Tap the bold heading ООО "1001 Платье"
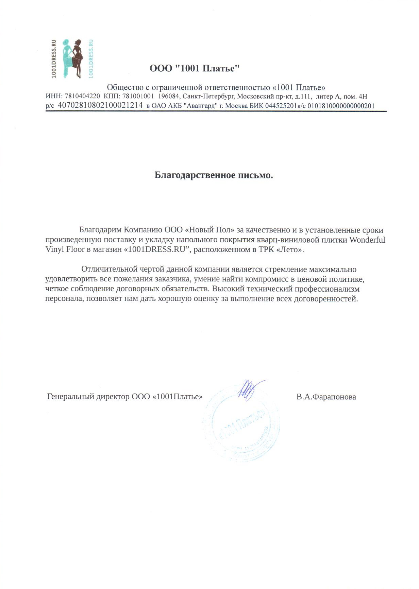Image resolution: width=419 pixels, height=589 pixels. tap(195, 69)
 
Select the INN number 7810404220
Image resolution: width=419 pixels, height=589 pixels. tap(82, 97)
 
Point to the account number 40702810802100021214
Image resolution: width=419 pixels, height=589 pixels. tap(100, 105)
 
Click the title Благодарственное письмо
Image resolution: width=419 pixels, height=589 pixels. tap(214, 175)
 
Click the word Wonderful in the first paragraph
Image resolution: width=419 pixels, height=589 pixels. tap(367, 240)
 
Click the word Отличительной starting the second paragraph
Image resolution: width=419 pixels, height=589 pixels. tap(109, 270)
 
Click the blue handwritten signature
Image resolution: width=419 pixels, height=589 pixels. tap(248, 388)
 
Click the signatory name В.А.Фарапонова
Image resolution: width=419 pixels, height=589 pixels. tap(326, 397)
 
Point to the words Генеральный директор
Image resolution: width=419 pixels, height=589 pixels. tap(88, 397)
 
